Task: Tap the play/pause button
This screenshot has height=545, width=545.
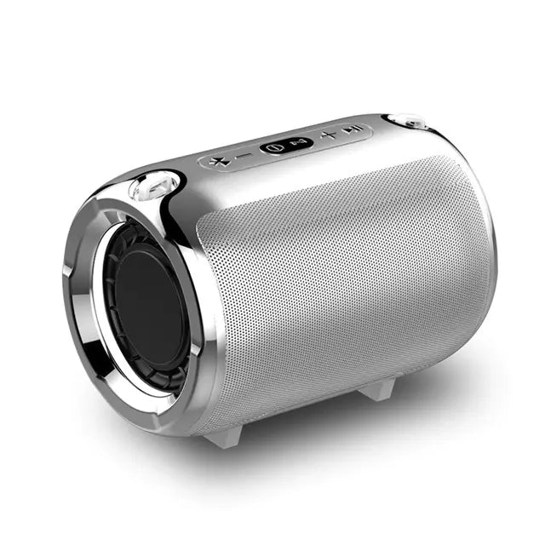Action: coord(353,130)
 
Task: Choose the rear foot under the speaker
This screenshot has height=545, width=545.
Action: coord(380,388)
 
